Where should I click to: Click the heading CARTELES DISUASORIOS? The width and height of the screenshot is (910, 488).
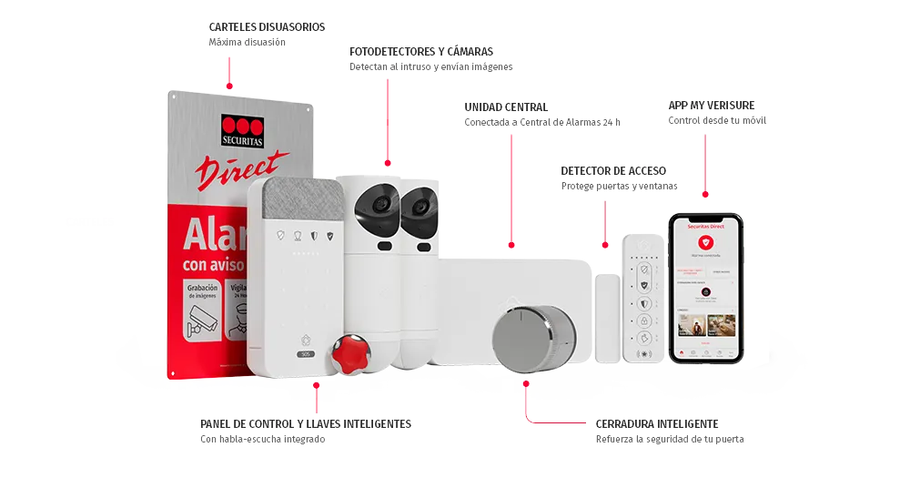point(267,28)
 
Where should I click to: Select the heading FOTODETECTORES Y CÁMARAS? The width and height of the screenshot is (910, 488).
point(421,51)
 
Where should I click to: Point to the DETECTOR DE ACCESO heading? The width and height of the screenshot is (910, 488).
point(614,170)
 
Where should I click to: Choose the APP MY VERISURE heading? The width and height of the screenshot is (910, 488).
point(711,105)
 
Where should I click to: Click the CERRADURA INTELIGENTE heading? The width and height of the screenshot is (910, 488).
point(658,423)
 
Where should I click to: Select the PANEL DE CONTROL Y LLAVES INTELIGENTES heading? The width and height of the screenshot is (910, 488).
point(305,423)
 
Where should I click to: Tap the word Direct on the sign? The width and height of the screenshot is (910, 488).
point(242,170)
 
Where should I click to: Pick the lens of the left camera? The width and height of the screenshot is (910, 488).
point(379,204)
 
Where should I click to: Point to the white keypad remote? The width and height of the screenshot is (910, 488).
point(644,297)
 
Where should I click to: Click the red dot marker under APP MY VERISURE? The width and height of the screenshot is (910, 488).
point(705,194)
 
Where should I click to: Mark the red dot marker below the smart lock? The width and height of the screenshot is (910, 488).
point(526,384)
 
